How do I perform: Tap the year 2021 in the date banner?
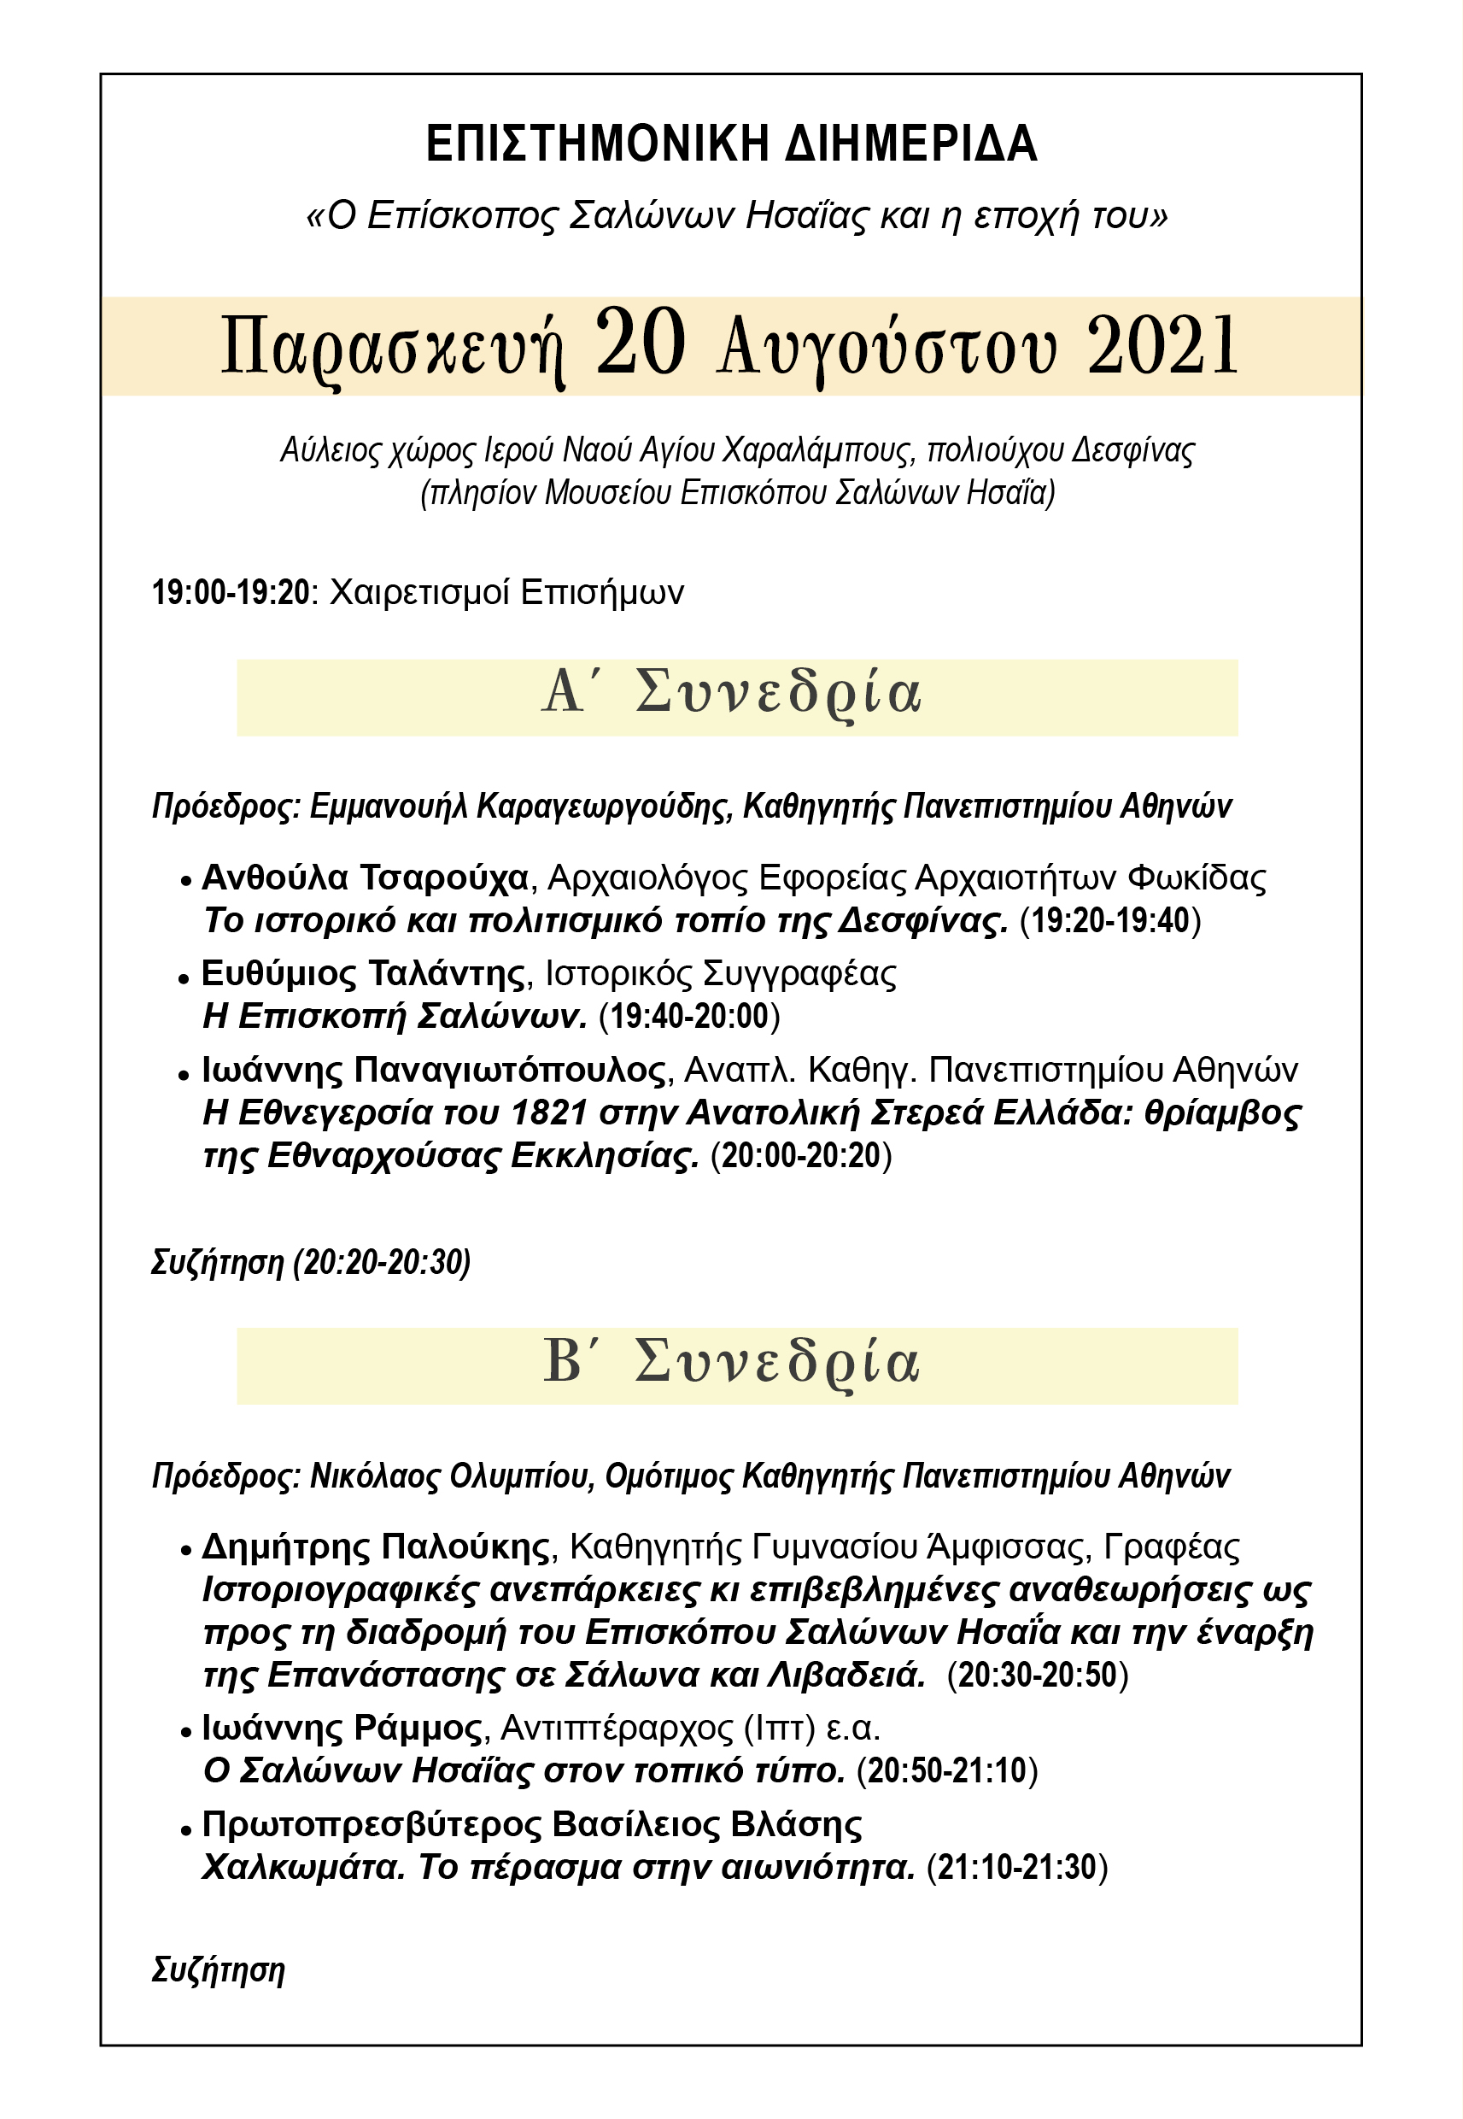[1162, 346]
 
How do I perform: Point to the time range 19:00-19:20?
[231, 592]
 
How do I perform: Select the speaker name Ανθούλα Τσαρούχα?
[365, 878]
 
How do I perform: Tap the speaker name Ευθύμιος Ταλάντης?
[364, 973]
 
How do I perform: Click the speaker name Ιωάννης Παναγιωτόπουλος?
[434, 1069]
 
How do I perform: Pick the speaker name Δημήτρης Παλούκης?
[376, 1547]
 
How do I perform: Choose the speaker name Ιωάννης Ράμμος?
[341, 1729]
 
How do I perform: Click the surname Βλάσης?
[796, 1825]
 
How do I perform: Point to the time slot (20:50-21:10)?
[947, 1770]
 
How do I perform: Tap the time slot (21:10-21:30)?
[1017, 1867]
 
